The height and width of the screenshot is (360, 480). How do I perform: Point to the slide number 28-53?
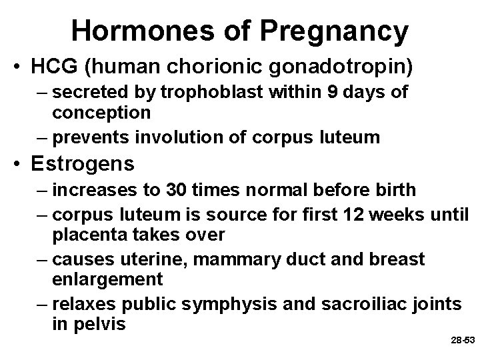(x=462, y=340)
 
